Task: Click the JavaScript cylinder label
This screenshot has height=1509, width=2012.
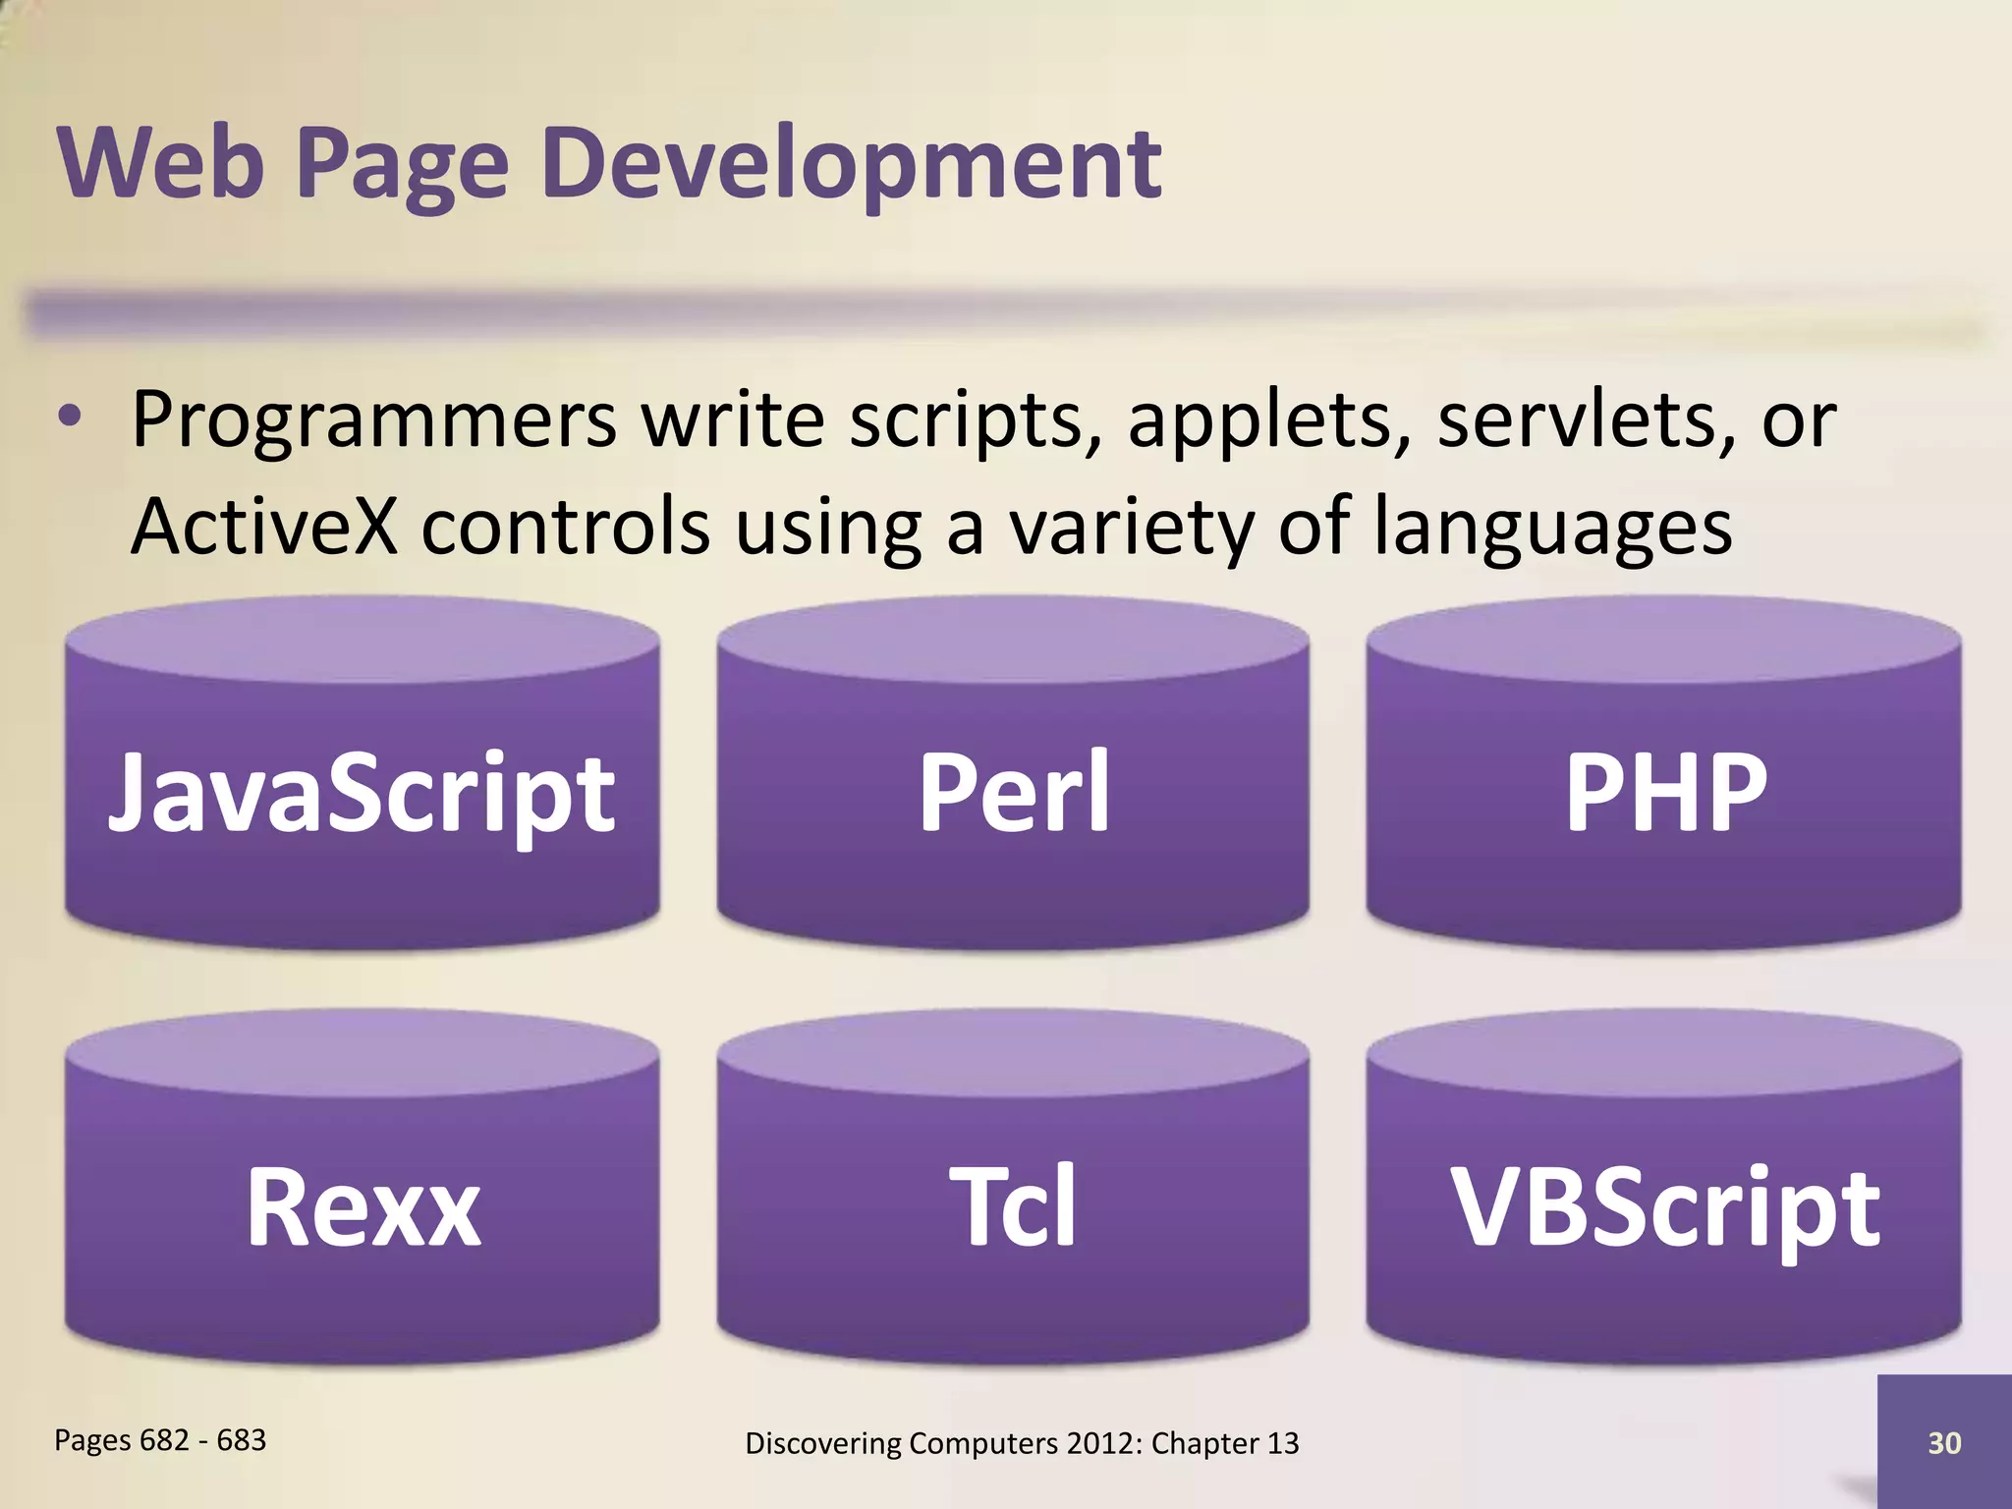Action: click(x=362, y=792)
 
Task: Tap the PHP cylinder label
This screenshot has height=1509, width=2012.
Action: click(x=1666, y=792)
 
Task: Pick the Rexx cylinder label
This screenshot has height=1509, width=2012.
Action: click(x=363, y=1206)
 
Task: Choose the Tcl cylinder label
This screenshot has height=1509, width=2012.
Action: click(x=1013, y=1206)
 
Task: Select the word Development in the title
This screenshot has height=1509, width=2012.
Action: click(x=851, y=164)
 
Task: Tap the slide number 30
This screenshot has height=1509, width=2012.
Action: click(x=1944, y=1442)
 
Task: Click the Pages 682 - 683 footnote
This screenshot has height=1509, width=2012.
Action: click(x=160, y=1439)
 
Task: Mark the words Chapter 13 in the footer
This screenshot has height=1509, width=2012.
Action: click(x=1225, y=1442)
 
